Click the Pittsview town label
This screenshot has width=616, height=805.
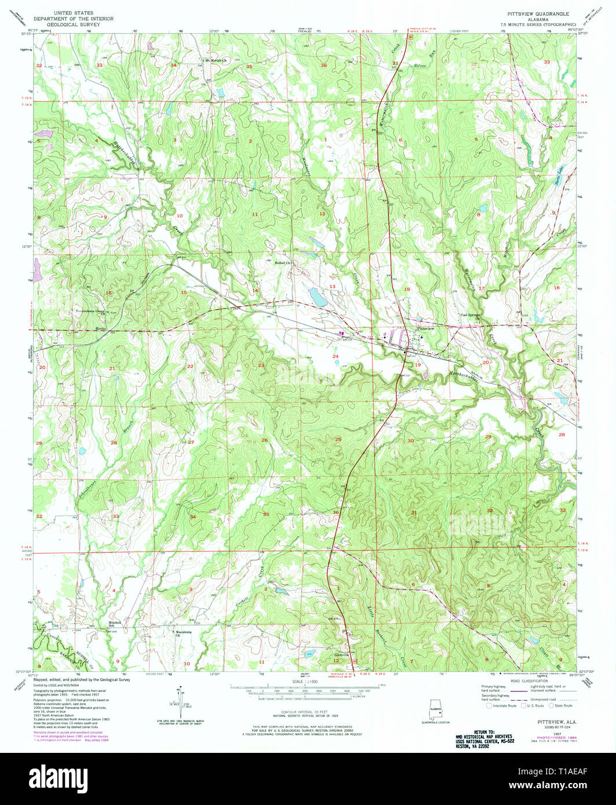coord(425,328)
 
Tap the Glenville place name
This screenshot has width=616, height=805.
coord(340,655)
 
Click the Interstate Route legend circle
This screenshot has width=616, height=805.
coord(489,706)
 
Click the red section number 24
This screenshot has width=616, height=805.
coord(335,356)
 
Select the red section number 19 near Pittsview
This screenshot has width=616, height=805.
coord(418,365)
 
